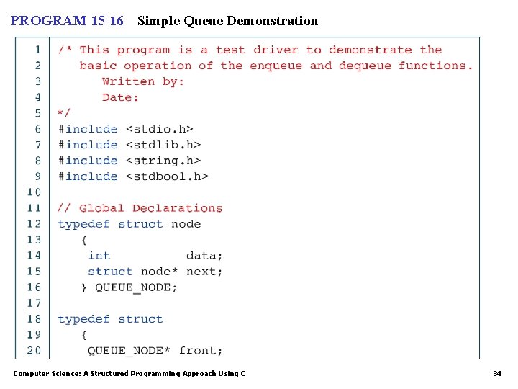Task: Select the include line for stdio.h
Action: [x=125, y=129]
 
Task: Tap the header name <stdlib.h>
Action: [x=163, y=145]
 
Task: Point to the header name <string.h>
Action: [x=163, y=161]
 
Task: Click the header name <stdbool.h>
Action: [x=167, y=176]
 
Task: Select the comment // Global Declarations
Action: [x=140, y=208]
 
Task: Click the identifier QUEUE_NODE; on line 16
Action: [x=136, y=287]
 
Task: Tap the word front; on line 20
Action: [x=201, y=351]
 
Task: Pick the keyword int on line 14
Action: [x=99, y=256]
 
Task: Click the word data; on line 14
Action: [x=204, y=256]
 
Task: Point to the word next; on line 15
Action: [x=204, y=272]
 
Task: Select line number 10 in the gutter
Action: [x=34, y=192]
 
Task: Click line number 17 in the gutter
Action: [x=34, y=303]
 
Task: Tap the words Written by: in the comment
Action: [x=143, y=81]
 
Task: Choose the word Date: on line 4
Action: [x=120, y=97]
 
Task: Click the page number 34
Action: [x=496, y=374]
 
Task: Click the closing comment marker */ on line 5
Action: [x=64, y=113]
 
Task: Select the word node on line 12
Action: [x=186, y=224]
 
